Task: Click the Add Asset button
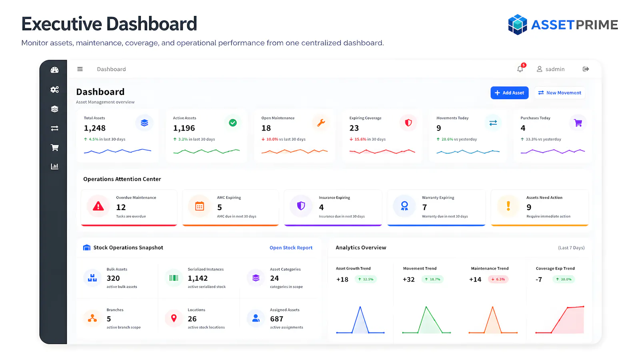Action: tap(510, 93)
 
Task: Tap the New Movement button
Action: tap(560, 93)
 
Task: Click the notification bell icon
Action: tap(520, 69)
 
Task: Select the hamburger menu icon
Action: tap(80, 69)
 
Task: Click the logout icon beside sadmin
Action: tap(586, 69)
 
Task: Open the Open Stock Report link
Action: tap(291, 248)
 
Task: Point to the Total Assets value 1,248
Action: tap(94, 128)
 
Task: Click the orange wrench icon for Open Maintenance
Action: tap(321, 123)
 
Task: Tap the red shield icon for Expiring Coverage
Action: tap(408, 123)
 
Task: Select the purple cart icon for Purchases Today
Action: tap(578, 123)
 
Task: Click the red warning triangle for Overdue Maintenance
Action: tap(98, 206)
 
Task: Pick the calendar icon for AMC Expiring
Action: tap(200, 206)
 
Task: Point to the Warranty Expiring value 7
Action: tap(424, 207)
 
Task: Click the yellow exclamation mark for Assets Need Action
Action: tap(508, 206)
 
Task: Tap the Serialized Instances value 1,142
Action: tap(198, 278)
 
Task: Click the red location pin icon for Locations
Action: tap(174, 318)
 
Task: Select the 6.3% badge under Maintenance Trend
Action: tap(498, 279)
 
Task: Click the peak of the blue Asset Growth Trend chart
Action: tap(360, 307)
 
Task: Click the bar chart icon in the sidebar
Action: tap(54, 166)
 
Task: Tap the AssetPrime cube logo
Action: tap(518, 24)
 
